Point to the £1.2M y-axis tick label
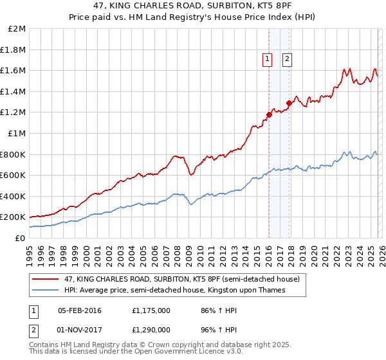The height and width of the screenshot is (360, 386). tap(14, 113)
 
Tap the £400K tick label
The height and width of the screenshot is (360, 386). tap(14, 196)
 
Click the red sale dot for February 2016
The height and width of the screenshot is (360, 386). tap(269, 115)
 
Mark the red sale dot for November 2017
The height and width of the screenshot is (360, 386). tap(289, 103)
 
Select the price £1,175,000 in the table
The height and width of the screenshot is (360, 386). tap(150, 310)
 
